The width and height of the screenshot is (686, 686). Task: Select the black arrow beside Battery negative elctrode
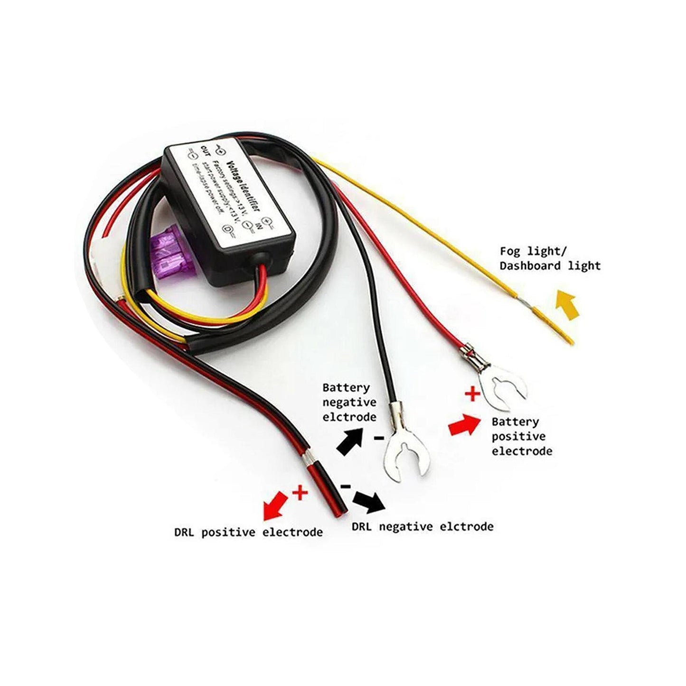pos(350,441)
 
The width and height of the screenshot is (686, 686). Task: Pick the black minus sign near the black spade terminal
pos(378,438)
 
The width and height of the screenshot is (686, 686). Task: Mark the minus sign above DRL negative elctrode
pos(346,487)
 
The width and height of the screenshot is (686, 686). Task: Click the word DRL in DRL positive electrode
pos(184,532)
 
